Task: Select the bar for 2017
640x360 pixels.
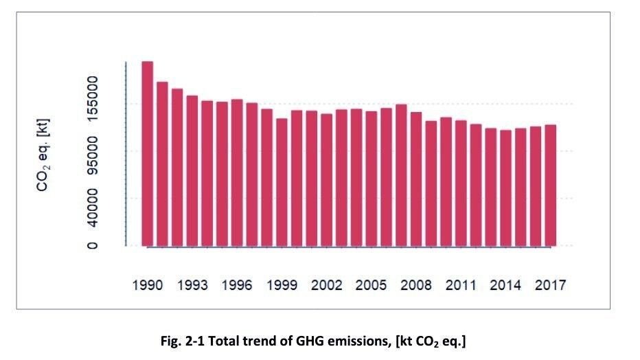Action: (550, 185)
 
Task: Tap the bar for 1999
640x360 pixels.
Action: (282, 182)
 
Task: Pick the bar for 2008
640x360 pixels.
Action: (416, 179)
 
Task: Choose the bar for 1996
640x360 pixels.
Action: (237, 172)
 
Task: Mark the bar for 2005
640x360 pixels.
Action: (371, 178)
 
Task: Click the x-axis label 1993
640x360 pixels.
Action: (192, 285)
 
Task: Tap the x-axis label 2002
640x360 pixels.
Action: (326, 285)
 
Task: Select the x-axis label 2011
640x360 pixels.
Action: (461, 285)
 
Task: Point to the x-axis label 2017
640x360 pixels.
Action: (550, 285)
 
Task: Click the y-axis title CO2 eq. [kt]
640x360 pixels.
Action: (43, 155)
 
